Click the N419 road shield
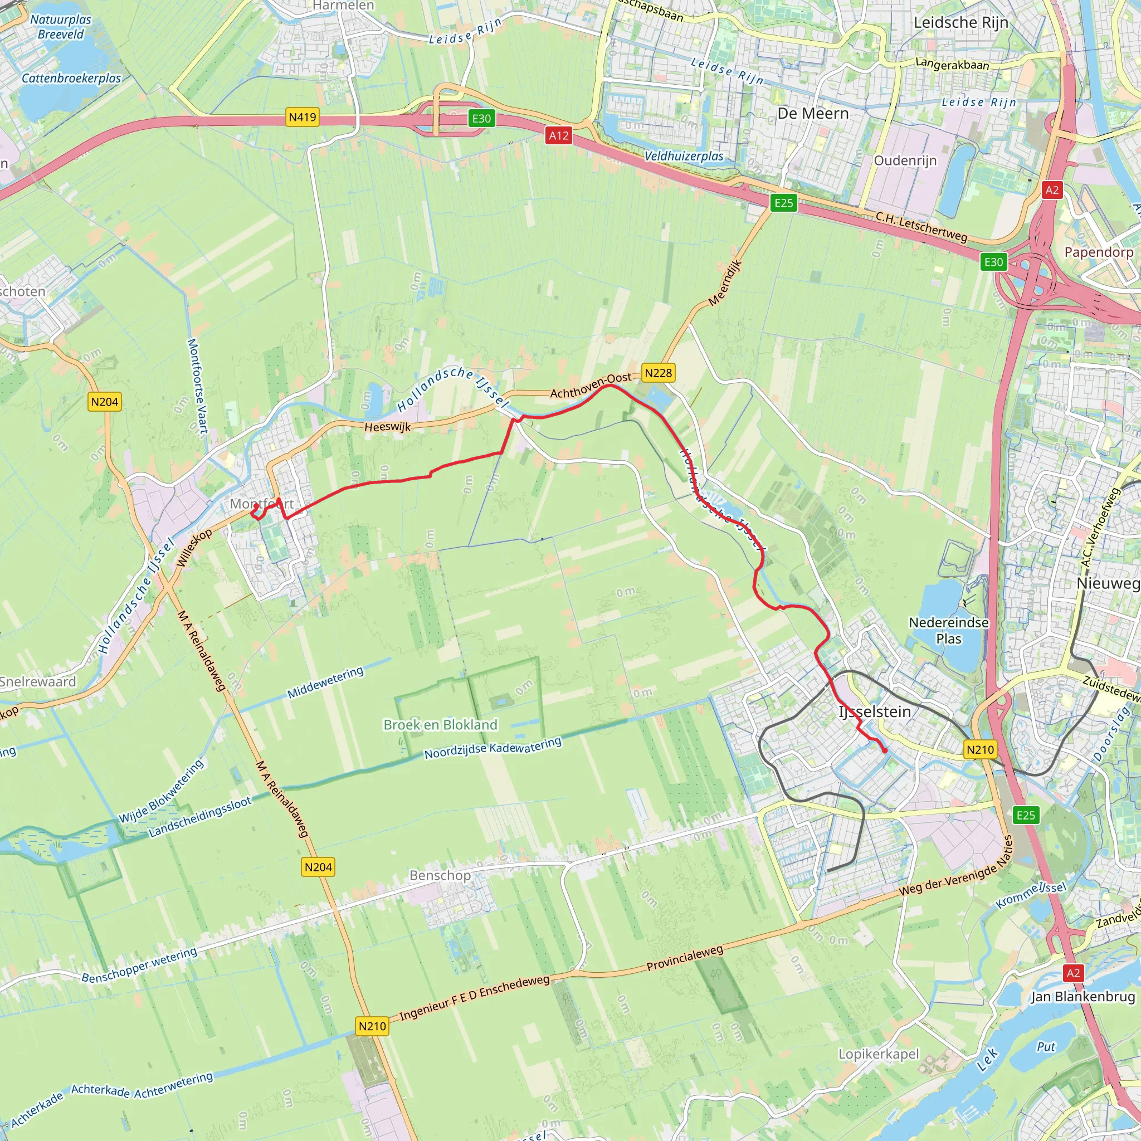coord(303,117)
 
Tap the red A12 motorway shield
coord(559,136)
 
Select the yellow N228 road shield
coord(658,373)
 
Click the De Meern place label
coord(813,114)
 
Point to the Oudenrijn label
coord(905,160)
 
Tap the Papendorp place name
coord(1099,252)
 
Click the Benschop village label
coord(440,875)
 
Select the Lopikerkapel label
coord(879,1054)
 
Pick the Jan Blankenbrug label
coord(1083,997)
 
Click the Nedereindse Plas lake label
coord(948,630)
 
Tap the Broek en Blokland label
coord(441,725)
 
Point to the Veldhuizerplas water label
coord(684,157)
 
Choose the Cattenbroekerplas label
coord(71,78)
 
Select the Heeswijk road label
coord(387,427)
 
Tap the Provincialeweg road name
coord(685,958)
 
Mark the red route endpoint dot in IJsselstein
coord(885,750)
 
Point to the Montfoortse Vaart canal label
coord(197,386)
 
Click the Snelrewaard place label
coord(38,681)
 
